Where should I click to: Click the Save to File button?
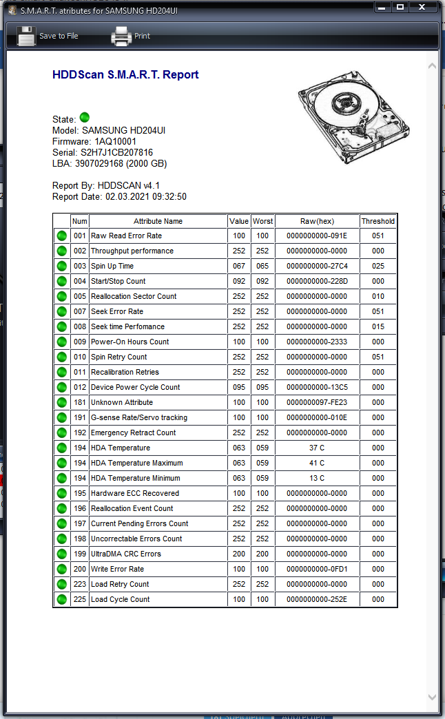[47, 36]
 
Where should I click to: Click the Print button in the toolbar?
[131, 36]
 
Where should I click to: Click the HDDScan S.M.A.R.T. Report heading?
[125, 75]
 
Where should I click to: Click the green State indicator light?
[85, 118]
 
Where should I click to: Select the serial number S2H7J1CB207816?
[116, 152]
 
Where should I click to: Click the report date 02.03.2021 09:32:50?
[145, 196]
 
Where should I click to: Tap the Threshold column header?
[378, 221]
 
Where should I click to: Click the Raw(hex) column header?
[317, 221]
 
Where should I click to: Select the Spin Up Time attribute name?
[112, 266]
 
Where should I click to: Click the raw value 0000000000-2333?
[317, 342]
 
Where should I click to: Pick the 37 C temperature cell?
[317, 448]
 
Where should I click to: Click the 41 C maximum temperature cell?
[317, 463]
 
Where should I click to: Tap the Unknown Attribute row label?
[122, 402]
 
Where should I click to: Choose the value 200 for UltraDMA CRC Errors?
[239, 554]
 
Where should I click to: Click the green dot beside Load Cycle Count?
[62, 599]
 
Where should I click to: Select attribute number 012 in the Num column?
[80, 387]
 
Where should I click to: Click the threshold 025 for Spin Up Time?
[378, 266]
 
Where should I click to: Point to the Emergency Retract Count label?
[133, 433]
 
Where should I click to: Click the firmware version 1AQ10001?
[115, 141]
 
